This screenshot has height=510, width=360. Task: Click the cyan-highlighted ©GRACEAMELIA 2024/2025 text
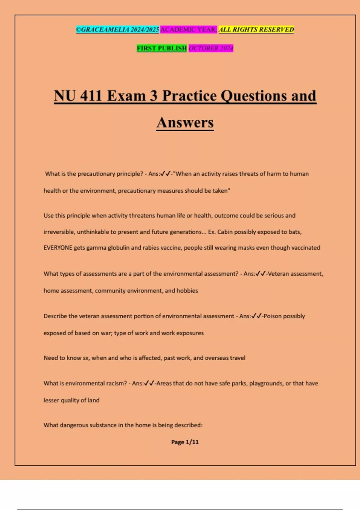click(x=117, y=29)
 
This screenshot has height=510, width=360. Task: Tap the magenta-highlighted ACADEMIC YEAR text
click(x=188, y=29)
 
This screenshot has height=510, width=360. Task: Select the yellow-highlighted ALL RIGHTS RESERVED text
click(x=256, y=29)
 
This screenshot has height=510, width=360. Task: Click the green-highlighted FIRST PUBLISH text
click(x=162, y=48)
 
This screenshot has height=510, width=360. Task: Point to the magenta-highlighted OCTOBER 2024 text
click(x=211, y=48)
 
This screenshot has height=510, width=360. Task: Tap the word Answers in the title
click(x=185, y=122)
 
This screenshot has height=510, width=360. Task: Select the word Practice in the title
click(x=189, y=96)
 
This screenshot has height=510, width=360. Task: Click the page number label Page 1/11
click(x=185, y=442)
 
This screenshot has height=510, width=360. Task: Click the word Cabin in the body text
click(x=224, y=232)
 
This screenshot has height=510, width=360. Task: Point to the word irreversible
click(x=59, y=232)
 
